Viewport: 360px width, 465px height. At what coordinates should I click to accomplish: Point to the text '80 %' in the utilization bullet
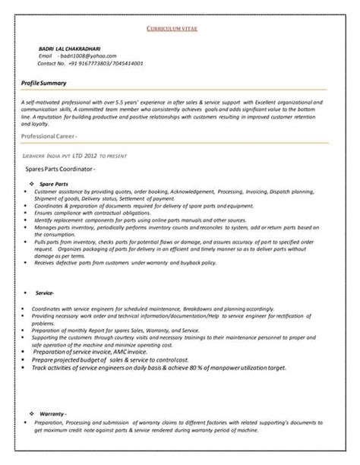pos(226,368)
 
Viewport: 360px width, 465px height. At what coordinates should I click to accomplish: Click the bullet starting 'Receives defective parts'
pos(125,262)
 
